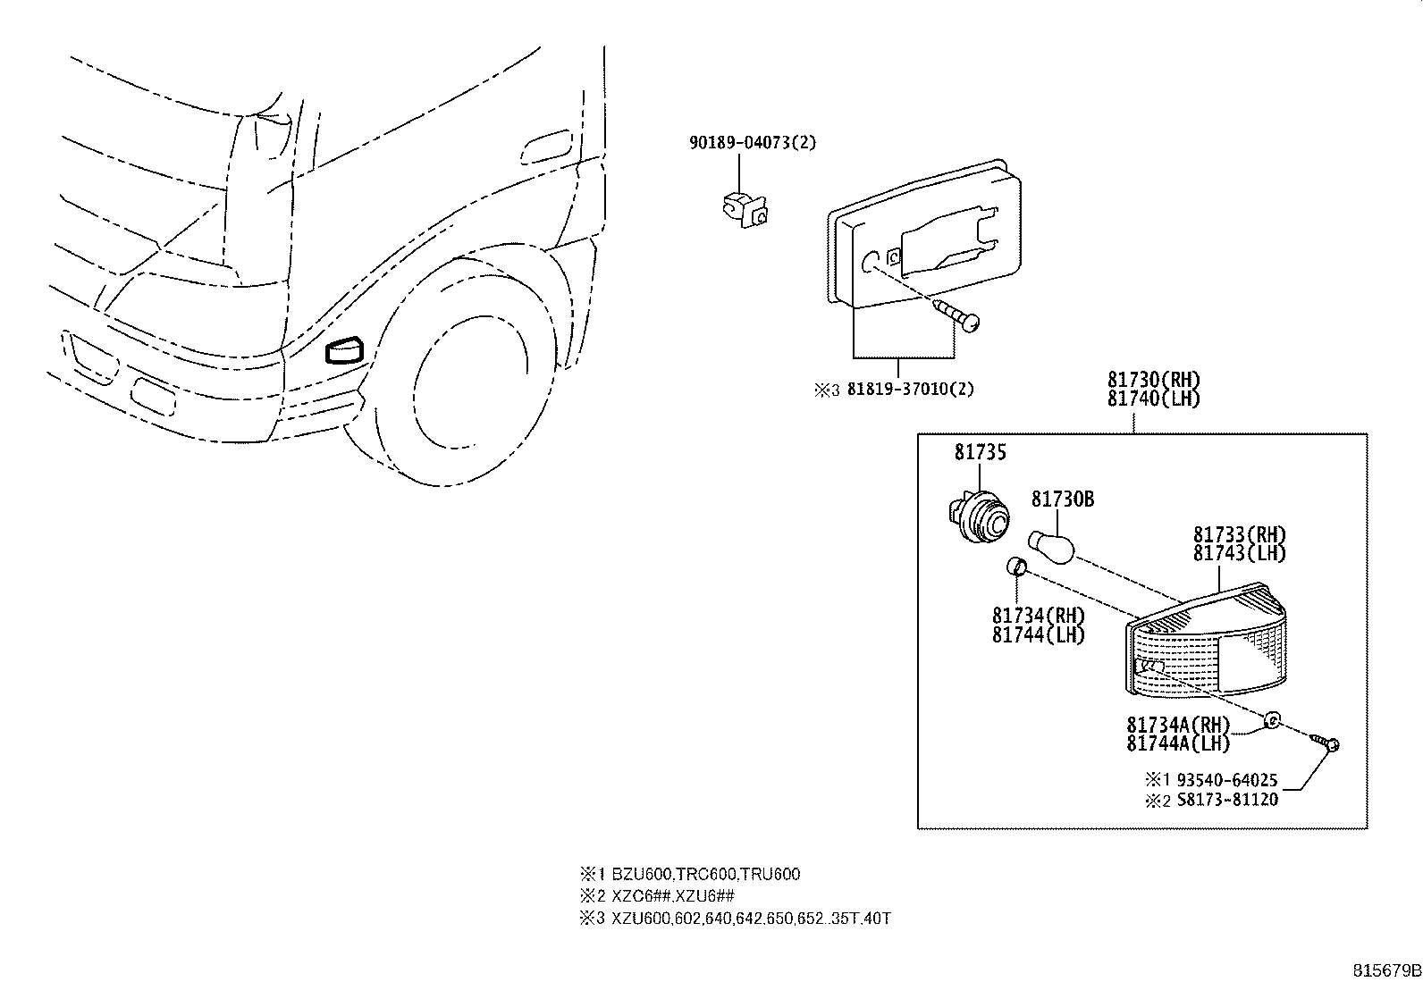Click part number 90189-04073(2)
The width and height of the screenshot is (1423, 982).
tap(752, 143)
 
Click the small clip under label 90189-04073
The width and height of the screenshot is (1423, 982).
tap(744, 208)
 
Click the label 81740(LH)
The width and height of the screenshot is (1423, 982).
tap(1153, 399)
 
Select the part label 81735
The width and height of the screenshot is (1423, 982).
tap(980, 453)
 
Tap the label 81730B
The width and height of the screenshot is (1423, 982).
tap(1062, 499)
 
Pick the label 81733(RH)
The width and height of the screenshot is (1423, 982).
tap(1239, 535)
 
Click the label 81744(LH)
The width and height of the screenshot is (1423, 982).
tap(1038, 635)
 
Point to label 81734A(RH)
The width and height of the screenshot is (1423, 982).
tap(1178, 725)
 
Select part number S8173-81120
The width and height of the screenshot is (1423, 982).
tap(1225, 800)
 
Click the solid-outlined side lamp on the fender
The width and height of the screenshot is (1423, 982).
tap(344, 350)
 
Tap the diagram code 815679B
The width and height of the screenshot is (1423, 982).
tap(1385, 969)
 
